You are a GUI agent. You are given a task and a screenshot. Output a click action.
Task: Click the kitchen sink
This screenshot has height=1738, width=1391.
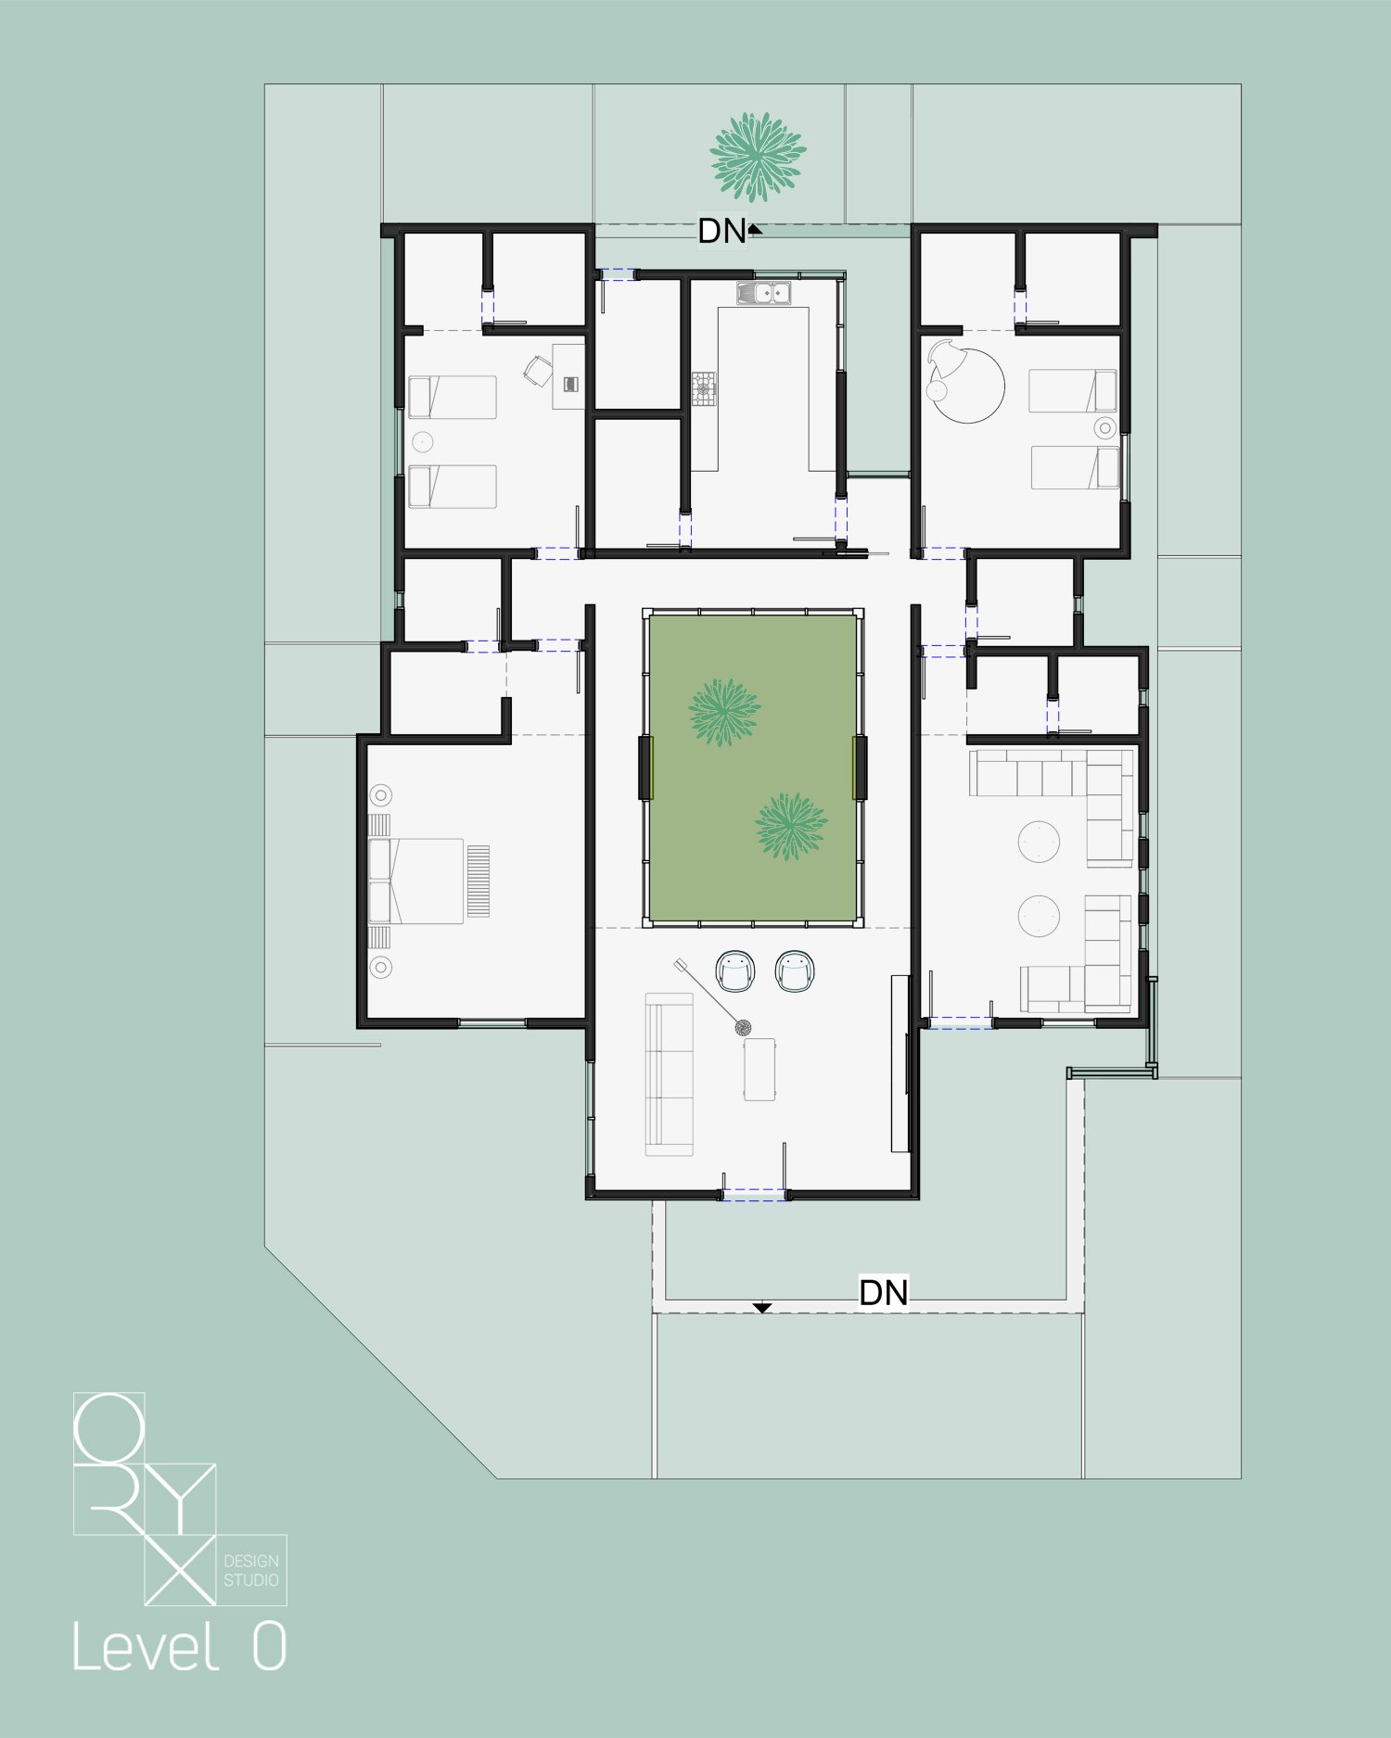pos(763,293)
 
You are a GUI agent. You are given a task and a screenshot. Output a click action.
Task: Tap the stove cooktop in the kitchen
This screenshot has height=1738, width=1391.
pos(704,388)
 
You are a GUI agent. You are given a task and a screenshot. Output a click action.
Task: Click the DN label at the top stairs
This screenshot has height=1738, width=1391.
pos(722,232)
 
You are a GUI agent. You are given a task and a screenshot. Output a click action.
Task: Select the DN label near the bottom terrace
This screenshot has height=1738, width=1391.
pos(884,1292)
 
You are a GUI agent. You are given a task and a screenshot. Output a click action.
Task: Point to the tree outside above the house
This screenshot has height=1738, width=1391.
pos(758,157)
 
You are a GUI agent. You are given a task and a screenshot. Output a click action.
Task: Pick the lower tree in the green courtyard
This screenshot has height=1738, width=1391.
pos(790,826)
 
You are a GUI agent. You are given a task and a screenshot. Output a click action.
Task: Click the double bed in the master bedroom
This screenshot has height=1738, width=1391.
pos(416,881)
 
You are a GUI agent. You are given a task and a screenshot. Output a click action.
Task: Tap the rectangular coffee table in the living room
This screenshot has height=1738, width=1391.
pos(759,1069)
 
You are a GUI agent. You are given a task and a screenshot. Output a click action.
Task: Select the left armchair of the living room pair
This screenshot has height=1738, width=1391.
pos(735,970)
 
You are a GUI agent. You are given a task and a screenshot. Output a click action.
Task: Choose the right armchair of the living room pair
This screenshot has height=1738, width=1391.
pos(794,970)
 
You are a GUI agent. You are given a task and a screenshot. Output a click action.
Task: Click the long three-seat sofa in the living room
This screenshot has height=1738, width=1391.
pos(669,1075)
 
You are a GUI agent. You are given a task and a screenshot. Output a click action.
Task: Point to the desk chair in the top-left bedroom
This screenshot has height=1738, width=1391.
pos(538,371)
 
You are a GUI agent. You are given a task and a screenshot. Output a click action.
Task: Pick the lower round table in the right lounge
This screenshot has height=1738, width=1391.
pos(1039,916)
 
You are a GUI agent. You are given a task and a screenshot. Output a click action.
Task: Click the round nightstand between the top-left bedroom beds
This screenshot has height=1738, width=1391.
pos(423,441)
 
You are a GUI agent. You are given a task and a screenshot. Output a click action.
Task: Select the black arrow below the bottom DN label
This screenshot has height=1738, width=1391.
pos(761,1308)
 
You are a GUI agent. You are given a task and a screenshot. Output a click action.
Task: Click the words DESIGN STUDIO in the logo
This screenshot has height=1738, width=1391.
pos(251,1570)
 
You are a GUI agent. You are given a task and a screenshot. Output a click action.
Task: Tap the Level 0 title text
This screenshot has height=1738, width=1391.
pos(179,1647)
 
